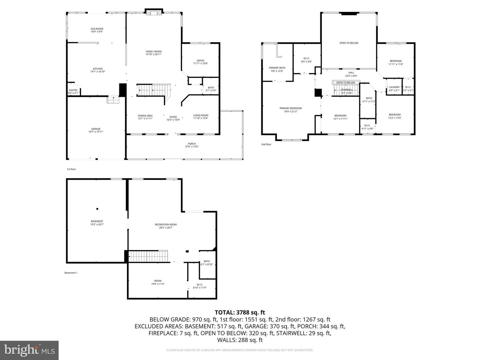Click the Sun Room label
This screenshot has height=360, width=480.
point(97,29)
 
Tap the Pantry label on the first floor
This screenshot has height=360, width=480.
point(73,90)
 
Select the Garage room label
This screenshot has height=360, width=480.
point(96,129)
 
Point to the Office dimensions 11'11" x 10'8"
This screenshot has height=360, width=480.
point(200,64)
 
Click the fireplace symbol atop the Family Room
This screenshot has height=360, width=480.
point(154,12)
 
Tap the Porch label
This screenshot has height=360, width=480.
point(192,144)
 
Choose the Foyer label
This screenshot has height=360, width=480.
point(173,117)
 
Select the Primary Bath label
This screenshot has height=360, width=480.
point(277,68)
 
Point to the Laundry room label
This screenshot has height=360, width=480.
point(394,87)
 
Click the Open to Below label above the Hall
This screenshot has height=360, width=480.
point(349,43)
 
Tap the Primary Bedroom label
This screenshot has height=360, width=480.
point(290,108)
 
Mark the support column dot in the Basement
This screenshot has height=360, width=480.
point(97,209)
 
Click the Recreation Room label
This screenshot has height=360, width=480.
point(166,225)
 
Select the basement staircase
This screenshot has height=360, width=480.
point(148,256)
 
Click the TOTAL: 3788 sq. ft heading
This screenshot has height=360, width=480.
point(240,313)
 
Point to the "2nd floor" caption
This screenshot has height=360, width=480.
point(266,144)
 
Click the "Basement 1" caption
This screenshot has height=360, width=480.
point(71,273)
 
